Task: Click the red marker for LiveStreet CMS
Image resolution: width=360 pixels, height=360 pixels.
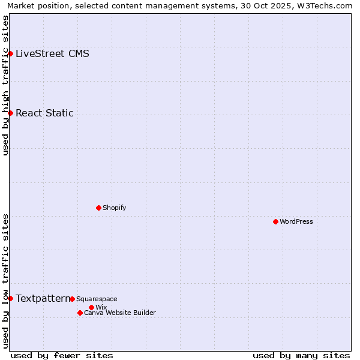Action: pyautogui.click(x=10, y=53)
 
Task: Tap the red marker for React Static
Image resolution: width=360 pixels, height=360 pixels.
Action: pyautogui.click(x=10, y=113)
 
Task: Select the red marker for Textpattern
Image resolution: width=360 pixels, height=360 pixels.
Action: pyautogui.click(x=10, y=298)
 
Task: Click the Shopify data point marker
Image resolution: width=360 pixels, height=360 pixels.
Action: pyautogui.click(x=98, y=208)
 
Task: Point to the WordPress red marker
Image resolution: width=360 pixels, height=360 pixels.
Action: pyautogui.click(x=275, y=221)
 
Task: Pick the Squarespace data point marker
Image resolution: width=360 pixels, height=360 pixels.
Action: pyautogui.click(x=72, y=299)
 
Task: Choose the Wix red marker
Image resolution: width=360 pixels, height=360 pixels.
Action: pyautogui.click(x=91, y=307)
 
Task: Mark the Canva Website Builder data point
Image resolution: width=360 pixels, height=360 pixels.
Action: pyautogui.click(x=80, y=313)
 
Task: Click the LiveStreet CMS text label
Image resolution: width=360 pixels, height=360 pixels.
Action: pyautogui.click(x=52, y=53)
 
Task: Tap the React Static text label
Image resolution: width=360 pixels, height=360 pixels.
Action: pyautogui.click(x=44, y=113)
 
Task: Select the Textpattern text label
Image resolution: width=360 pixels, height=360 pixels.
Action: pyautogui.click(x=43, y=298)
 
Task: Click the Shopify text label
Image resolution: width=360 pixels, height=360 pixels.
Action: pyautogui.click(x=114, y=208)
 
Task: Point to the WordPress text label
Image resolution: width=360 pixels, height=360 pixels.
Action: pyautogui.click(x=296, y=221)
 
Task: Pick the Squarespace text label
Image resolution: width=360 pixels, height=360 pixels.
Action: pyautogui.click(x=97, y=299)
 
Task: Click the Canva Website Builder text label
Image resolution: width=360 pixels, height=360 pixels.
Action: pyautogui.click(x=119, y=313)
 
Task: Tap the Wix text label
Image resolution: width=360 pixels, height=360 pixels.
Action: pyautogui.click(x=101, y=307)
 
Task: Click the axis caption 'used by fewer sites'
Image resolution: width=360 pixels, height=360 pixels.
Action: pyautogui.click(x=62, y=355)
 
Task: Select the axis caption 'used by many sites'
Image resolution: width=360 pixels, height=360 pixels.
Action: pyautogui.click(x=301, y=355)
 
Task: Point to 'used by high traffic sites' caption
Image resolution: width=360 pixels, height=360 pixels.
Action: pyautogui.click(x=6, y=85)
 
